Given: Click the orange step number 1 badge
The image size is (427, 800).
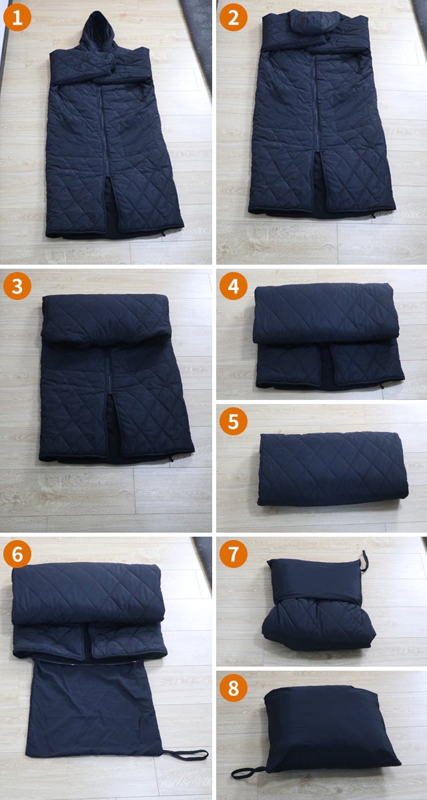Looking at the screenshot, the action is (17, 18).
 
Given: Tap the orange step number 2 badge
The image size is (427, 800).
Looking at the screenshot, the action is (234, 18).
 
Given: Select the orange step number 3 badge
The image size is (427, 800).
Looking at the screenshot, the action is (17, 286).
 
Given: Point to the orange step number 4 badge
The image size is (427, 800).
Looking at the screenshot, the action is (234, 286).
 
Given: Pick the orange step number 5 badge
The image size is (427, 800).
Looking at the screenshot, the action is (234, 421).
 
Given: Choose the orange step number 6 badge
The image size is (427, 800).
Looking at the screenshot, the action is (17, 554).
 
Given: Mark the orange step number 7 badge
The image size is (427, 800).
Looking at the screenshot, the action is (234, 554).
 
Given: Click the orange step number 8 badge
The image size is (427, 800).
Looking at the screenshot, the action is (234, 688).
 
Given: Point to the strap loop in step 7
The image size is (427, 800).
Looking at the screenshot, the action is (364, 561).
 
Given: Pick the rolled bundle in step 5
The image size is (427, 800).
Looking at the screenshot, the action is (332, 469).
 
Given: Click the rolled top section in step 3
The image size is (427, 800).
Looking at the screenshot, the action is (105, 319).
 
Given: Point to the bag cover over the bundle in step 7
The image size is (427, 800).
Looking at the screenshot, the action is (316, 579).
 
